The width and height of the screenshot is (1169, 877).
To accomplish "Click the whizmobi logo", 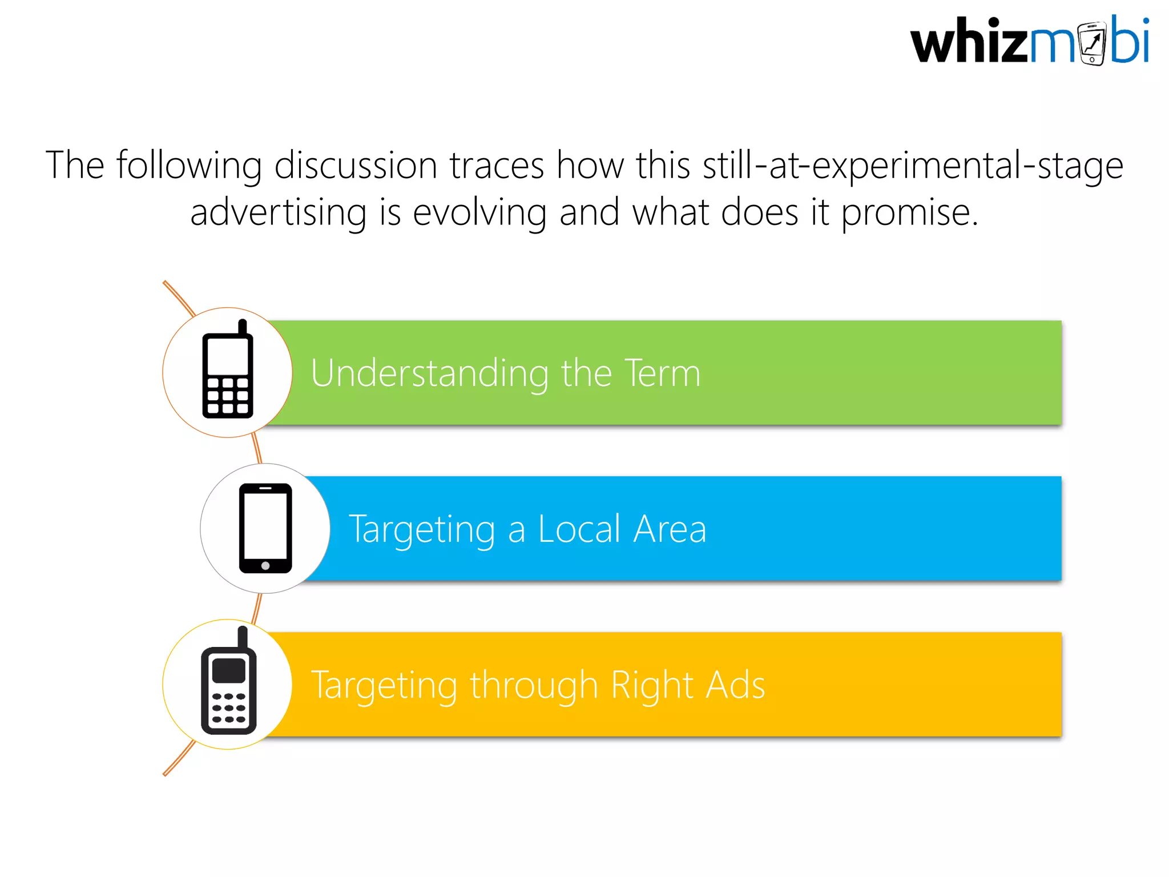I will pos(1029,41).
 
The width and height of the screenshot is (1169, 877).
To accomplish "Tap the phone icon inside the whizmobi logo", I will pos(1093,43).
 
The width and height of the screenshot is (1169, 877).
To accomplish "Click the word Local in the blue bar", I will pos(579,529).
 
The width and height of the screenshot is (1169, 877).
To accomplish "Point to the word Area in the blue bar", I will pos(670,529).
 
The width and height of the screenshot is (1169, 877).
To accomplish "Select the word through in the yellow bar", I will pos(534,685).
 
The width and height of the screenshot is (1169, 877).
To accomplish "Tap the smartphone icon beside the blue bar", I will pos(265,528).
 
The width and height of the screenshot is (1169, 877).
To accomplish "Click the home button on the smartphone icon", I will pos(265,566).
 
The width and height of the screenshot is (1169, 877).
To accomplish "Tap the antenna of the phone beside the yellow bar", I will pos(243,637).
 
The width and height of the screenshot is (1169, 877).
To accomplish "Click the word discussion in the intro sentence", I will pos(356,166).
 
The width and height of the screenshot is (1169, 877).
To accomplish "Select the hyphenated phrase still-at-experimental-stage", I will pos(913,166).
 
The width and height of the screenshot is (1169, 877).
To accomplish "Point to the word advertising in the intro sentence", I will pos(278,212).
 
